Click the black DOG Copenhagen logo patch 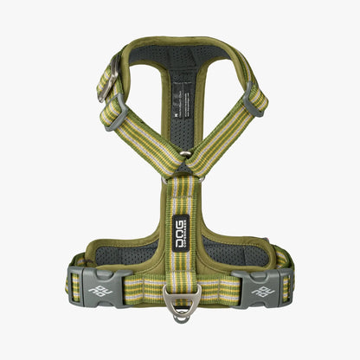tap(181, 231)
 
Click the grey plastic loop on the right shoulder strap tap(252, 102)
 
